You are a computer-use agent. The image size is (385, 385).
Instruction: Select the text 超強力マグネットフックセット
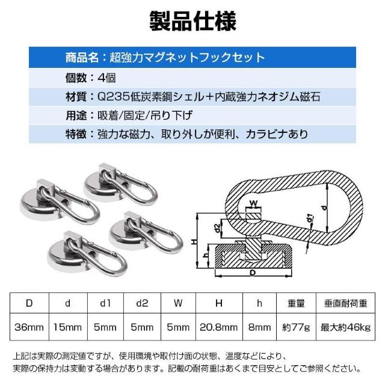tap(186, 58)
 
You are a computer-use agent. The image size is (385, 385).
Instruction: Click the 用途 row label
tap(76, 114)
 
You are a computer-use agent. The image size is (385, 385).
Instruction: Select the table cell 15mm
tap(67, 328)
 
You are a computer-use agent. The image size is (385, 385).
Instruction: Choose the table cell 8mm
tap(259, 328)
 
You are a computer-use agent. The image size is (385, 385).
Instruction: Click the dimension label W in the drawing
tap(253, 202)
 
